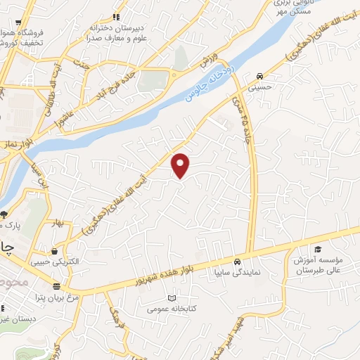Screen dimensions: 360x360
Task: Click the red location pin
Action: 181,165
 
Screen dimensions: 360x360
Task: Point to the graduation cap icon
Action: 318,250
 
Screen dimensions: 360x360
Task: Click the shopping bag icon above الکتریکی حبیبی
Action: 54,250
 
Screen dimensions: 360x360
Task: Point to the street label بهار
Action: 66,224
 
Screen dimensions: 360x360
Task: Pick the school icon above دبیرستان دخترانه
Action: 117,17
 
